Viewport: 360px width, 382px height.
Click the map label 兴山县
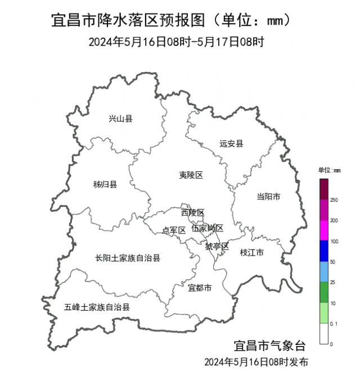tap(120, 119)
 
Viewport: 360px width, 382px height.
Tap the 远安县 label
tap(231, 143)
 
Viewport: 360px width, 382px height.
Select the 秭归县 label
tap(105, 184)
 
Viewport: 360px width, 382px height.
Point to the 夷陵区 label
tap(191, 175)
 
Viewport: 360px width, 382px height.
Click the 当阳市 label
tap(268, 196)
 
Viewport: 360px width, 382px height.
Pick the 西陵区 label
tap(192, 212)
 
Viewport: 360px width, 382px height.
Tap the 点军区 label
tap(174, 230)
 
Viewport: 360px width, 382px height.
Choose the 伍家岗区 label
tap(207, 228)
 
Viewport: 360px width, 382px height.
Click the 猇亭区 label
tap(217, 246)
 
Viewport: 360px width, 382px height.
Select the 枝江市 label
tap(251, 252)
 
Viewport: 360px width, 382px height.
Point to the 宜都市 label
tap(200, 288)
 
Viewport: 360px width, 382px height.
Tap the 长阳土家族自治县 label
tap(128, 258)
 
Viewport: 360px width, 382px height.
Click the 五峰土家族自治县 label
tap(97, 307)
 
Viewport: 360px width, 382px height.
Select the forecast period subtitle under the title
tap(176, 42)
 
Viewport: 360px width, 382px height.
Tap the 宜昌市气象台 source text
tap(269, 345)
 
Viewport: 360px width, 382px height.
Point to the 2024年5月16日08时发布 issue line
tap(256, 362)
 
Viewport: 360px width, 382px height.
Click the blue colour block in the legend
tap(324, 251)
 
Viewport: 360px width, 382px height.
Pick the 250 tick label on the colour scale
tap(334, 200)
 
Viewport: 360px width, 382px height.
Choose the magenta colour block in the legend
tap(324, 230)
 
